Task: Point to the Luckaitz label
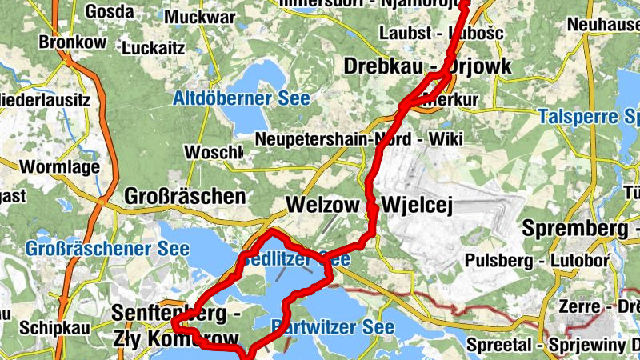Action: pyautogui.click(x=154, y=48)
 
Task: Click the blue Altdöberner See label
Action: pyautogui.click(x=241, y=100)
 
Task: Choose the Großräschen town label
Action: pyautogui.click(x=185, y=196)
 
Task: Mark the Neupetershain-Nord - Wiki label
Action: pyautogui.click(x=359, y=139)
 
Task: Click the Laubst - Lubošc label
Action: pyautogui.click(x=442, y=34)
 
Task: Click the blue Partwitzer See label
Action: pyautogui.click(x=332, y=327)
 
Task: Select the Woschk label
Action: pyautogui.click(x=213, y=152)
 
